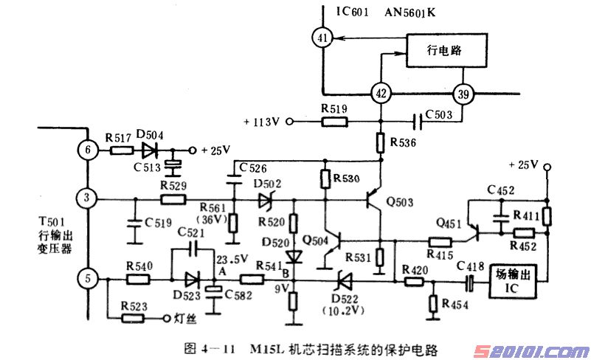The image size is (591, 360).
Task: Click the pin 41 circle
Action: pyautogui.click(x=322, y=38)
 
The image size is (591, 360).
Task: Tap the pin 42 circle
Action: pyautogui.click(x=381, y=94)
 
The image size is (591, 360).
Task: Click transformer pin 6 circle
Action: pyautogui.click(x=88, y=150)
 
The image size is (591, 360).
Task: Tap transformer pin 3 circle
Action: pyautogui.click(x=88, y=198)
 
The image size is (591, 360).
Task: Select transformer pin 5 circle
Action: pyautogui.click(x=88, y=279)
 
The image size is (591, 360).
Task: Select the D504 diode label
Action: pyautogui.click(x=150, y=135)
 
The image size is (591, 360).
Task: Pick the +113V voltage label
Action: pyautogui.click(x=262, y=121)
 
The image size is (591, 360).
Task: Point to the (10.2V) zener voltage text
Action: pyautogui.click(x=340, y=310)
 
